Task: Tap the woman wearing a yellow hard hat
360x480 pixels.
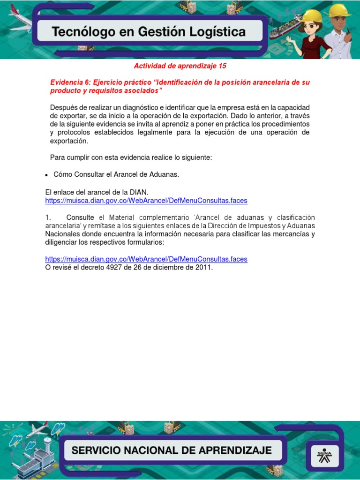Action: pyautogui.click(x=310, y=33)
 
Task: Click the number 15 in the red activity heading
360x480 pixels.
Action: pyautogui.click(x=222, y=66)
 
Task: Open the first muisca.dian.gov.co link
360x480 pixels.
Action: pyautogui.click(x=146, y=201)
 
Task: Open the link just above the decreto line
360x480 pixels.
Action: pyautogui.click(x=146, y=259)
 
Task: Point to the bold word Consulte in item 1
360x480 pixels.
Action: pyautogui.click(x=80, y=217)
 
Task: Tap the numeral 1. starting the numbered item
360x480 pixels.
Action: pyautogui.click(x=48, y=217)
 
